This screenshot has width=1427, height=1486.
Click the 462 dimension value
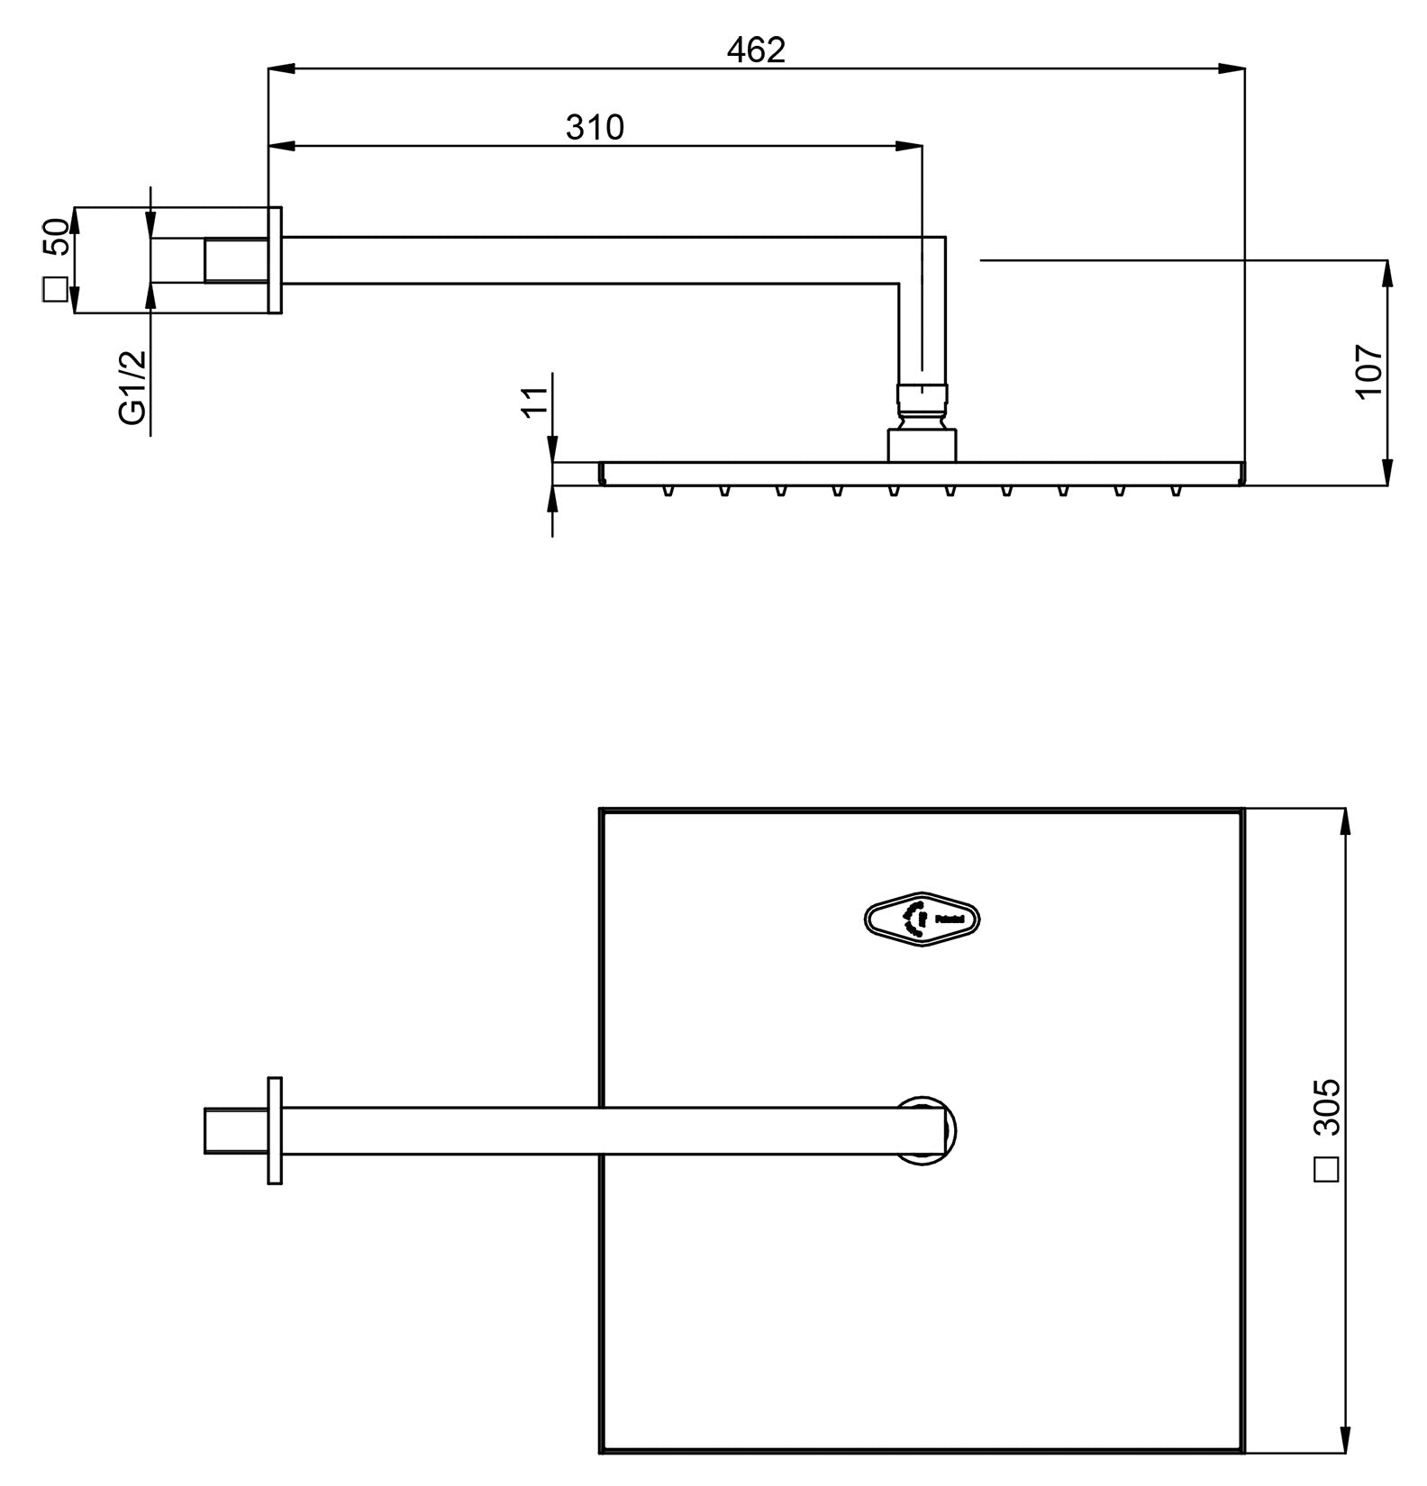(x=756, y=50)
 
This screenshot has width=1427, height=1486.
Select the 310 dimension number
(x=595, y=128)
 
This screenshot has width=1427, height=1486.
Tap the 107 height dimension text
(x=1368, y=370)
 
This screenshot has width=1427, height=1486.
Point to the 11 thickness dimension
(x=535, y=400)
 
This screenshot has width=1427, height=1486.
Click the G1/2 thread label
(x=132, y=386)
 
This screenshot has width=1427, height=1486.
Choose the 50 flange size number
(x=55, y=237)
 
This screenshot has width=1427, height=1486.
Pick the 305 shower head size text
(x=1326, y=1107)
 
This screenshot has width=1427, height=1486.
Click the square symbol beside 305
(x=1327, y=1169)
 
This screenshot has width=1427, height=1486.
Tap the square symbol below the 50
(x=55, y=290)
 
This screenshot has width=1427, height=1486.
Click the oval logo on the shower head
(x=922, y=920)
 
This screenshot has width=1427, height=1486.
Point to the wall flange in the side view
(x=275, y=260)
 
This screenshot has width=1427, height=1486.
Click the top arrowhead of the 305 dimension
(x=1344, y=820)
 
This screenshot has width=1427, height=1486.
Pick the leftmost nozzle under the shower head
(x=668, y=490)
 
